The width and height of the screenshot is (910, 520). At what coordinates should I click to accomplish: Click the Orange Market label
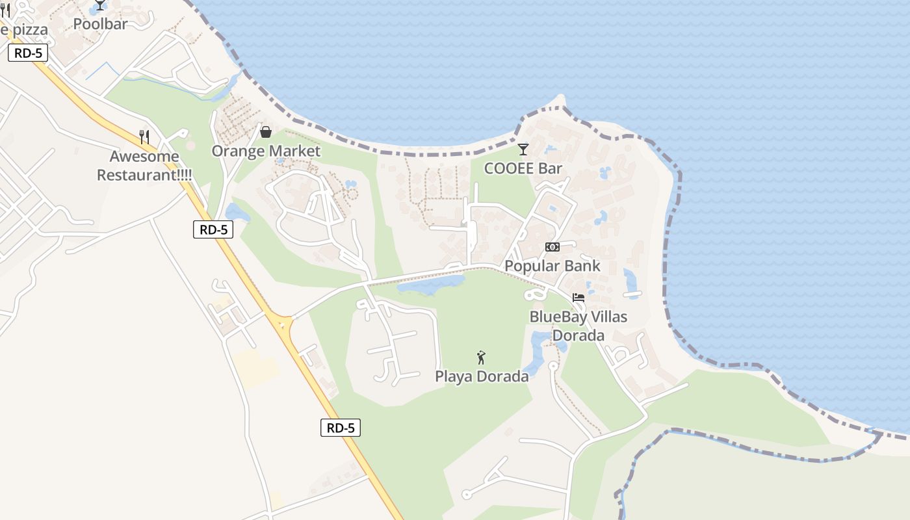click(x=266, y=151)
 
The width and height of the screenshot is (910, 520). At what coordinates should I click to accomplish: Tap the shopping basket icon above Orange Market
click(x=266, y=132)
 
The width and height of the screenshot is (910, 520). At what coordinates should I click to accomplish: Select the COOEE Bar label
click(x=523, y=168)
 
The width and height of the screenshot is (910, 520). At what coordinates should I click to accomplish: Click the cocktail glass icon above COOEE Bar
click(x=523, y=149)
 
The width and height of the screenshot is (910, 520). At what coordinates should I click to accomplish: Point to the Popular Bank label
click(x=552, y=266)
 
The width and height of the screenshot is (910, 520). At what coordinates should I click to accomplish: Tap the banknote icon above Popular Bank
click(x=552, y=247)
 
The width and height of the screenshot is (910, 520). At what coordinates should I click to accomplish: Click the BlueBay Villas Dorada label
click(x=578, y=326)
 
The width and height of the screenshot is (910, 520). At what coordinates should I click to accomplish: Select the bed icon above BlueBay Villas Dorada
click(x=578, y=298)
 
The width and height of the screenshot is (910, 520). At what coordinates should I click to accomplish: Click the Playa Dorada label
click(x=482, y=376)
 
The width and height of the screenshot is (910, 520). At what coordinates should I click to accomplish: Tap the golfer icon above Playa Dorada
click(x=481, y=357)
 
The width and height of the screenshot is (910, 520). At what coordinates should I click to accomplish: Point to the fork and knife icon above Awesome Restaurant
click(x=144, y=137)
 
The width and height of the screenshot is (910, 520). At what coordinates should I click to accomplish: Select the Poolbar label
click(x=100, y=23)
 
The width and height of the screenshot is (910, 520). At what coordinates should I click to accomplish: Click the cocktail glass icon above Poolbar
click(x=100, y=5)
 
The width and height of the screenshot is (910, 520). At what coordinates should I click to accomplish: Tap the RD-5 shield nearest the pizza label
click(x=28, y=53)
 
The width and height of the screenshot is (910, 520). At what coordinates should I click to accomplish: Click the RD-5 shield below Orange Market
click(x=213, y=229)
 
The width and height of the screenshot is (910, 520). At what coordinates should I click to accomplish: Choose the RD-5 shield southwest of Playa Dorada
click(x=341, y=428)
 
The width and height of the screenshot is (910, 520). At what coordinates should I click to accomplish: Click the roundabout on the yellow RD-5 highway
click(x=284, y=323)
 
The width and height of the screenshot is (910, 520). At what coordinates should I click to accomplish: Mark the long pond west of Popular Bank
click(x=430, y=284)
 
